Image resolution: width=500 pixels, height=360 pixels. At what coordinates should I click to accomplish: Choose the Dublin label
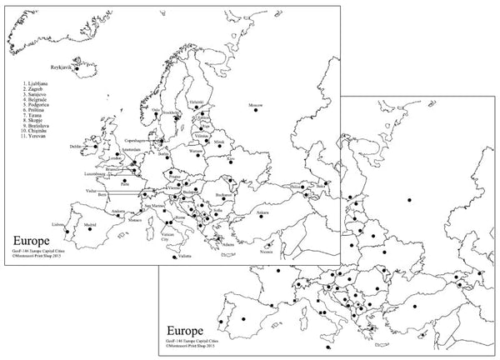(x=77, y=145)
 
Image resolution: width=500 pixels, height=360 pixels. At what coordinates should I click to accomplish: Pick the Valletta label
(x=182, y=262)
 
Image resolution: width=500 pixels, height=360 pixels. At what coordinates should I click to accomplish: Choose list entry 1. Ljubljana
(x=37, y=83)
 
